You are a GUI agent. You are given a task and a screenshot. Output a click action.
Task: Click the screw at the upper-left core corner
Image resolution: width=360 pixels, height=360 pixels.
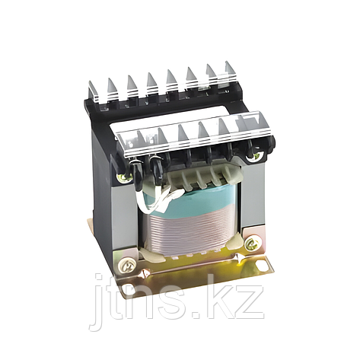pyautogui.click(x=123, y=177)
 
